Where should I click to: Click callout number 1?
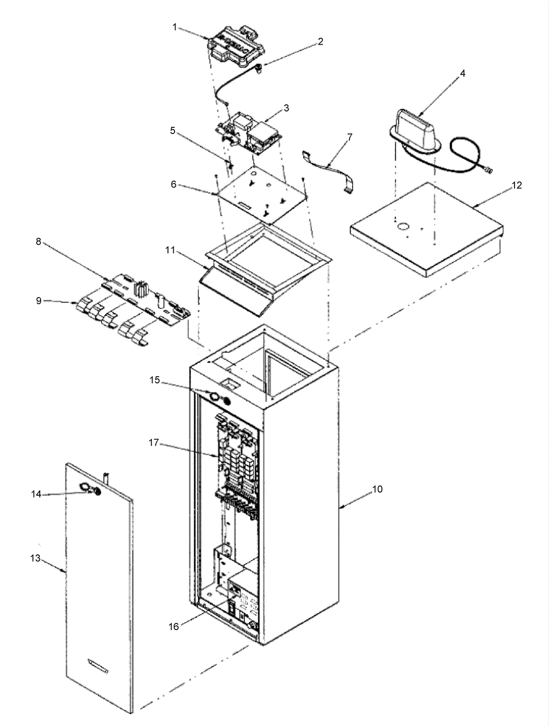click(175, 27)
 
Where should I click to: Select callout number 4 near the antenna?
click(462, 73)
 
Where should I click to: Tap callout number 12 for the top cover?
click(517, 185)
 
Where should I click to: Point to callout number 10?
click(377, 489)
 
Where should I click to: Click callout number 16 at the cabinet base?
click(174, 627)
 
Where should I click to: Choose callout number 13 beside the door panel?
click(35, 558)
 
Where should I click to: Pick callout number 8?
click(38, 242)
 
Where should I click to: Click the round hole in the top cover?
click(403, 227)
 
